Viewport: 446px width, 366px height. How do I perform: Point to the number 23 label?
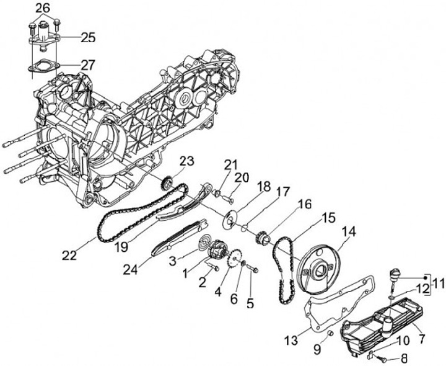(x=186, y=161)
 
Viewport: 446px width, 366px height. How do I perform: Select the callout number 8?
(x=404, y=358)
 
